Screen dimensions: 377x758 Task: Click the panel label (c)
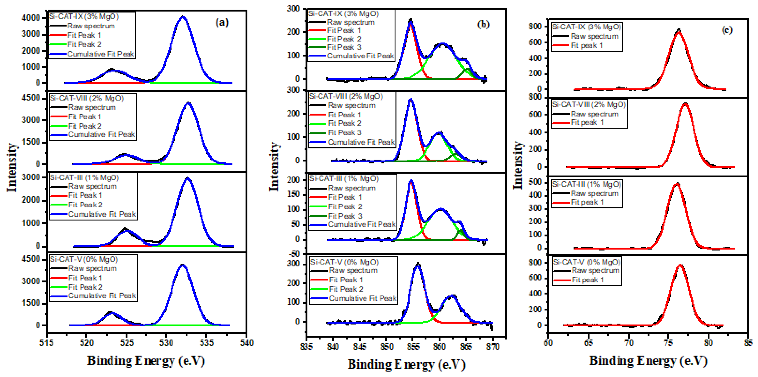(727, 30)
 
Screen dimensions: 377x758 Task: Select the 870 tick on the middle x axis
(493, 347)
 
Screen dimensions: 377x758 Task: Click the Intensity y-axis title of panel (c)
(518, 165)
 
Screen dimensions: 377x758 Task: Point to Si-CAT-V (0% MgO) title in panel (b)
(344, 262)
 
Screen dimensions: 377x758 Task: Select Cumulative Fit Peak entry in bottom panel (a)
(102, 296)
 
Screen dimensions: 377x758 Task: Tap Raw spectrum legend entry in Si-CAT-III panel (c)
(594, 194)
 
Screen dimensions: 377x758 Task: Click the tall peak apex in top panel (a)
(183, 17)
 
